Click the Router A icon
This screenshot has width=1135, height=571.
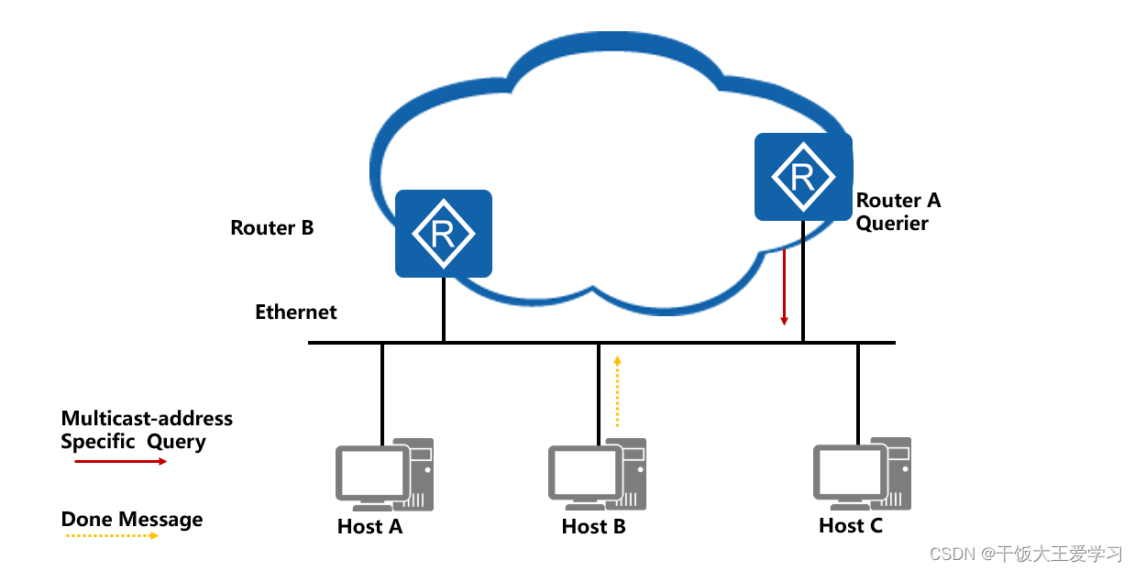pyautogui.click(x=803, y=176)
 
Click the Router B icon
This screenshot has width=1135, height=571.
pyautogui.click(x=444, y=233)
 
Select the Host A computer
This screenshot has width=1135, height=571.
pyautogui.click(x=384, y=474)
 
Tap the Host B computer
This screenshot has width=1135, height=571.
pyautogui.click(x=597, y=474)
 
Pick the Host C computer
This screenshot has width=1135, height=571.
pyautogui.click(x=862, y=473)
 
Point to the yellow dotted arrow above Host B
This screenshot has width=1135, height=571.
pyautogui.click(x=617, y=391)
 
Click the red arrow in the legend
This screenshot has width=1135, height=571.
pyautogui.click(x=120, y=461)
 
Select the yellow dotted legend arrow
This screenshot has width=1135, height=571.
pyautogui.click(x=110, y=535)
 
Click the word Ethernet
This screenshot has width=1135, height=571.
pyautogui.click(x=295, y=312)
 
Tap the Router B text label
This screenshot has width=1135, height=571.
pyautogui.click(x=272, y=227)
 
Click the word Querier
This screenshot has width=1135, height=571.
pyautogui.click(x=892, y=223)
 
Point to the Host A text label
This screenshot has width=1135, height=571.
pyautogui.click(x=369, y=526)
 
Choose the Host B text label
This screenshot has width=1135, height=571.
pyautogui.click(x=593, y=526)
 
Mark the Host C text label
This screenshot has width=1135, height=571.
pyautogui.click(x=851, y=525)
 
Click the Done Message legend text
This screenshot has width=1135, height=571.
pyautogui.click(x=132, y=520)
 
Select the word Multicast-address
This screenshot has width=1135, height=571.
pyautogui.click(x=147, y=419)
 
